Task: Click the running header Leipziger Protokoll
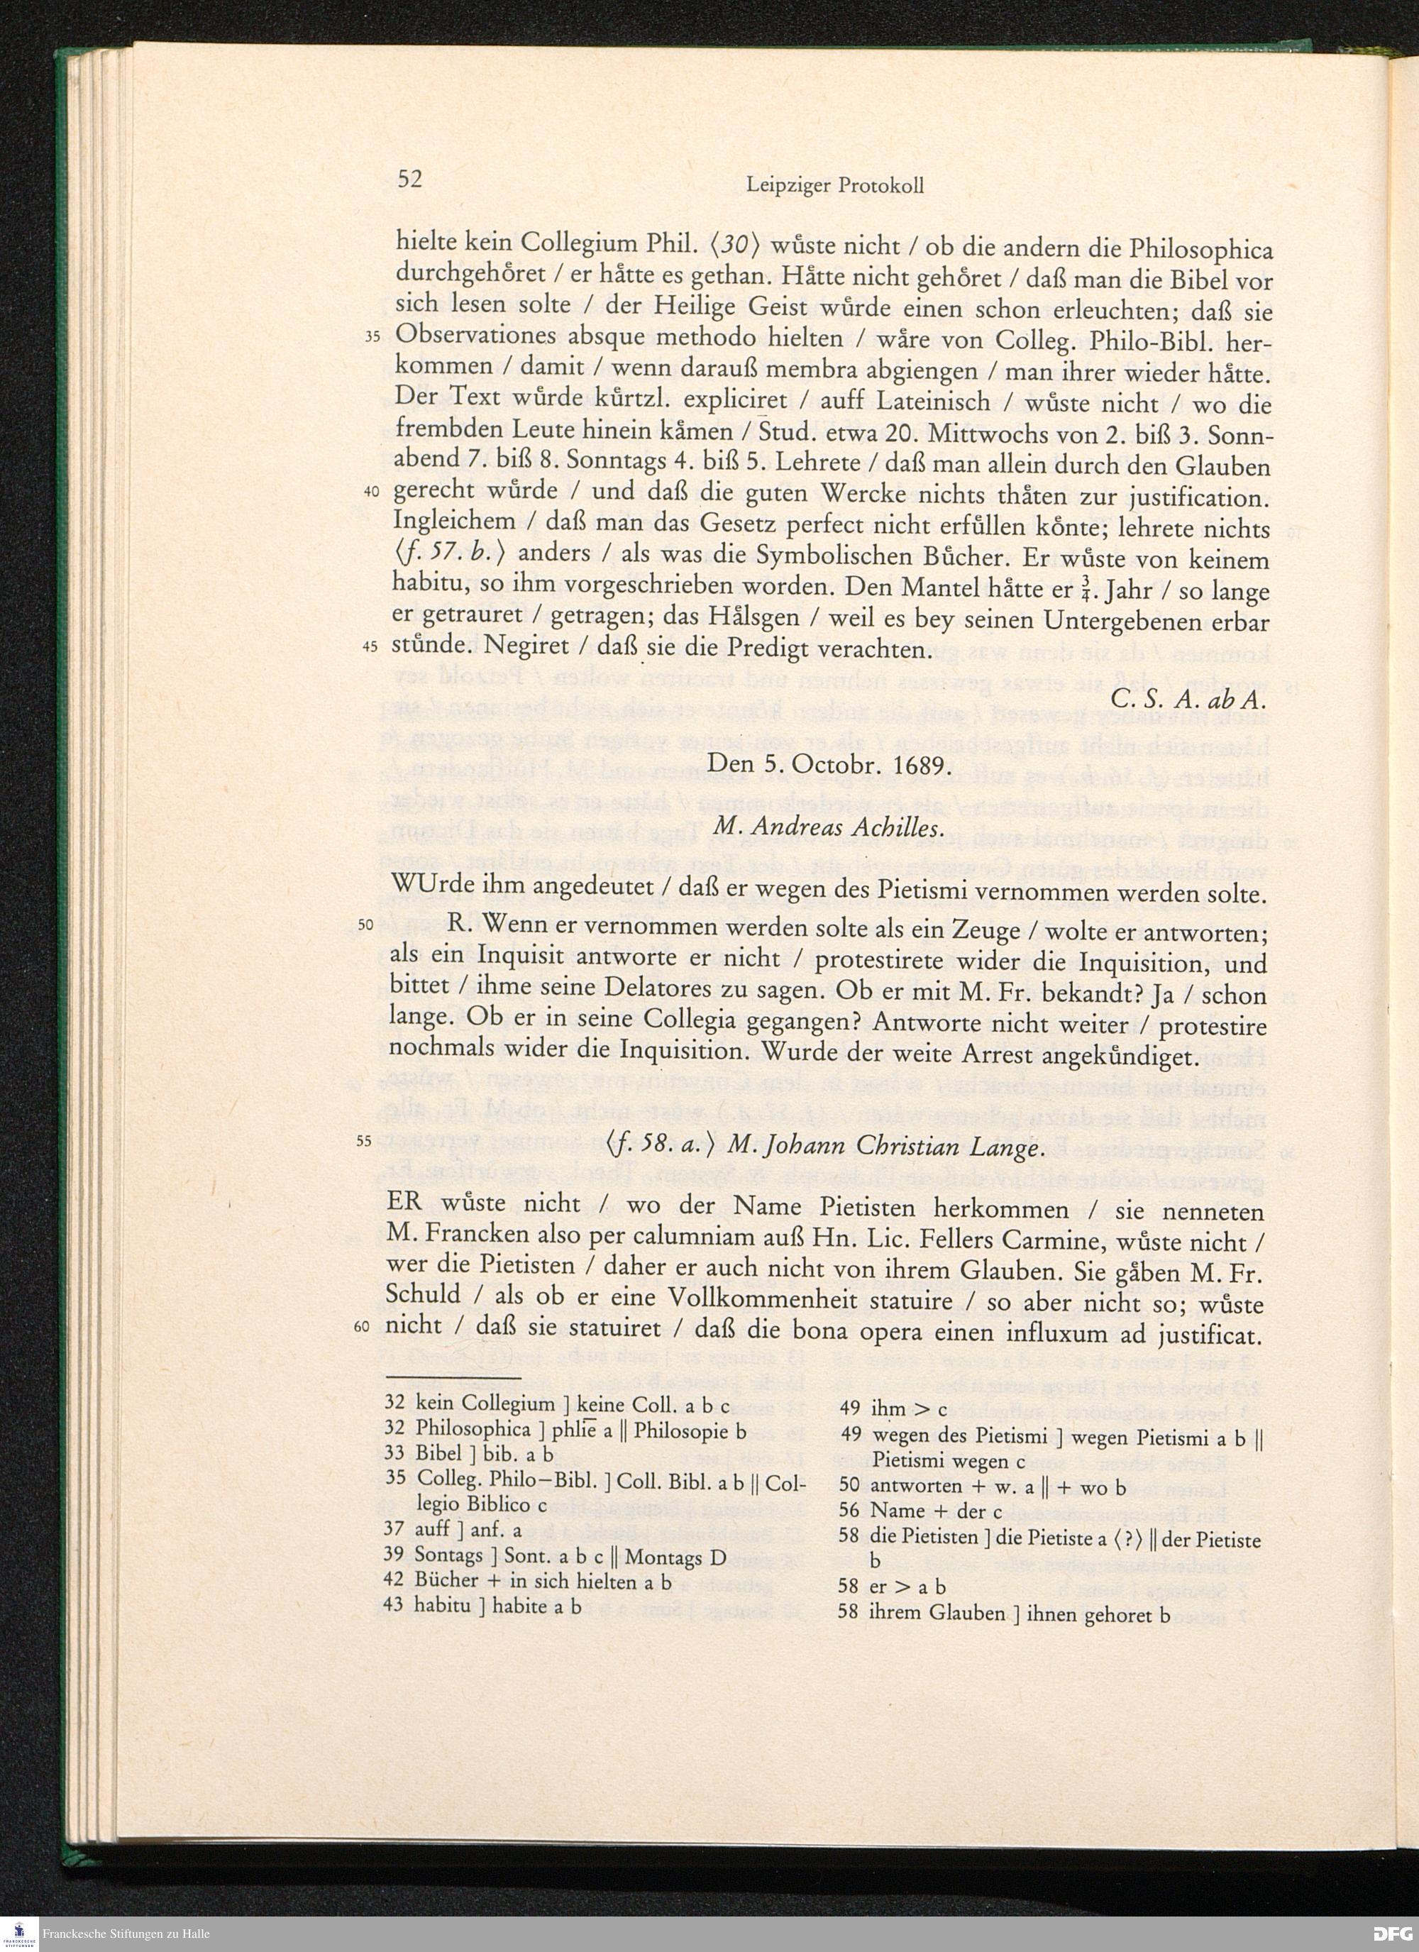834,185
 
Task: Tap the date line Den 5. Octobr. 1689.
829,764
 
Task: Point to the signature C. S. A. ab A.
1190,700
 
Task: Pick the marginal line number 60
361,1326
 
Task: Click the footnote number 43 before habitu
394,1605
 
